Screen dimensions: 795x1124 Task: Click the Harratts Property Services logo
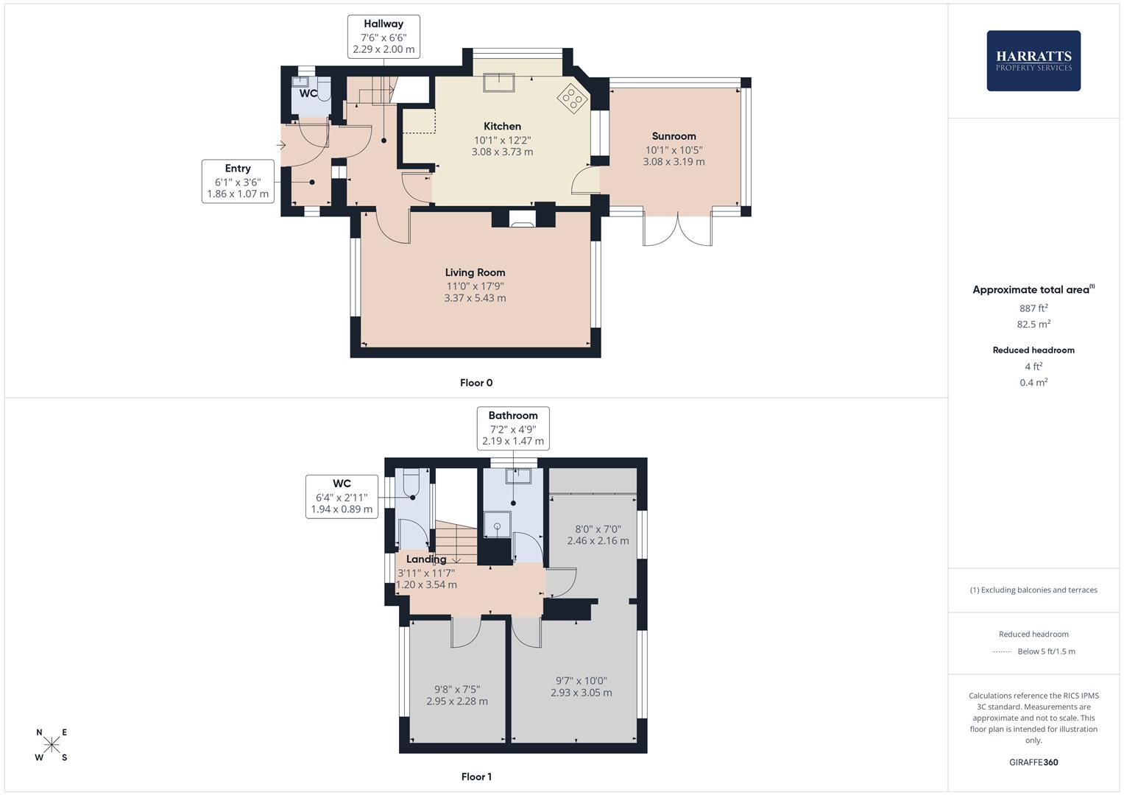click(x=1033, y=61)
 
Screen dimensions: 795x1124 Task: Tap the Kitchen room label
click(x=502, y=127)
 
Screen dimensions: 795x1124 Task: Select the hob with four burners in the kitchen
click(x=571, y=99)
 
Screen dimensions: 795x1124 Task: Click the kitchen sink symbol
click(x=498, y=82)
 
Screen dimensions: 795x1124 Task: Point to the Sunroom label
click(x=674, y=136)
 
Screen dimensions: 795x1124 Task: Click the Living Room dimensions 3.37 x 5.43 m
click(x=475, y=298)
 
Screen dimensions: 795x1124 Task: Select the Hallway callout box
click(x=383, y=37)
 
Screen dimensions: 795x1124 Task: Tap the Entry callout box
click(x=238, y=181)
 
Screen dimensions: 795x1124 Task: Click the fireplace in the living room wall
click(x=523, y=217)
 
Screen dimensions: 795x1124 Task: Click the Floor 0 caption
click(x=476, y=383)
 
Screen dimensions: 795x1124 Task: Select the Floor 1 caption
click(x=476, y=777)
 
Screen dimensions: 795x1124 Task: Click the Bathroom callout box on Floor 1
click(x=513, y=428)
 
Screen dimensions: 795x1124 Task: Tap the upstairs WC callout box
click(x=342, y=496)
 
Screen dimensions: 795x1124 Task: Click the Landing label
click(x=425, y=559)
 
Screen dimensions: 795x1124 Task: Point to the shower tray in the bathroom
click(x=498, y=526)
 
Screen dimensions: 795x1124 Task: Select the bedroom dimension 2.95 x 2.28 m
click(x=456, y=702)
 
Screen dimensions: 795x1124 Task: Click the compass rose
click(x=52, y=745)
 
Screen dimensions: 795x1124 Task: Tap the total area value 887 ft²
click(x=1033, y=308)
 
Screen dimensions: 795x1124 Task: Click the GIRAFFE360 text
click(x=1033, y=762)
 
